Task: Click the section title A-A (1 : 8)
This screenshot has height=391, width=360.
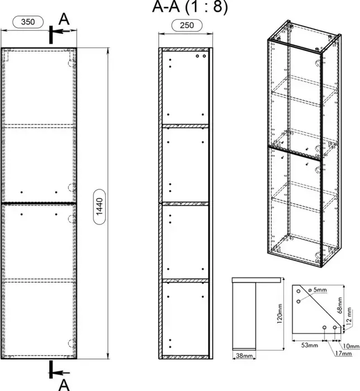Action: pyautogui.click(x=190, y=8)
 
